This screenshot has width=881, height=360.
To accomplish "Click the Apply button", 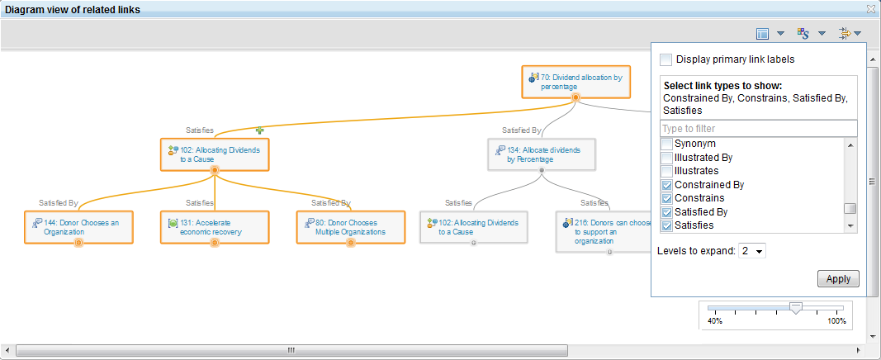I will click(x=838, y=278).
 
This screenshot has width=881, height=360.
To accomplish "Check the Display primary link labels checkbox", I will click(x=666, y=59).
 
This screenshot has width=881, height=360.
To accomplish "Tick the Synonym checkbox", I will click(x=666, y=144).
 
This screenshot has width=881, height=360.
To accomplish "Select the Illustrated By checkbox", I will click(x=666, y=157).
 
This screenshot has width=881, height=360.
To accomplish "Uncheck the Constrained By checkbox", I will click(x=666, y=185).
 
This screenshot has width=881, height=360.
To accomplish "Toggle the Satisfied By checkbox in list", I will click(x=666, y=212).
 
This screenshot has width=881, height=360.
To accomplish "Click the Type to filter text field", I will click(x=758, y=128).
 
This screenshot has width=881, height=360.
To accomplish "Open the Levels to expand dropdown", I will click(x=753, y=250).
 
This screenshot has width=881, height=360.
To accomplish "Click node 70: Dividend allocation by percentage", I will click(x=575, y=81).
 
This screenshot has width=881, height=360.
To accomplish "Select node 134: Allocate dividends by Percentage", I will click(x=541, y=154).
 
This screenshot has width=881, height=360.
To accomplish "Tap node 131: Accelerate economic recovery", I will click(x=215, y=227).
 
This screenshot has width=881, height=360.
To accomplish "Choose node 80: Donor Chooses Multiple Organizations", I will click(x=350, y=227).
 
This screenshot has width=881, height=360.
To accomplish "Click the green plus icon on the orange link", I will click(x=259, y=130).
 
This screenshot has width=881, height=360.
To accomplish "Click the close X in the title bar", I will click(x=870, y=9).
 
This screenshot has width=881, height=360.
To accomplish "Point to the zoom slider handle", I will click(x=795, y=307).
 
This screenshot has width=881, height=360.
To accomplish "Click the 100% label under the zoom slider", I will click(x=837, y=320).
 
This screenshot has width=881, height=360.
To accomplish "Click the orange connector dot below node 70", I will click(x=575, y=97).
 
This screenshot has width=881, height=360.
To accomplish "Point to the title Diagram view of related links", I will click(x=73, y=9).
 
